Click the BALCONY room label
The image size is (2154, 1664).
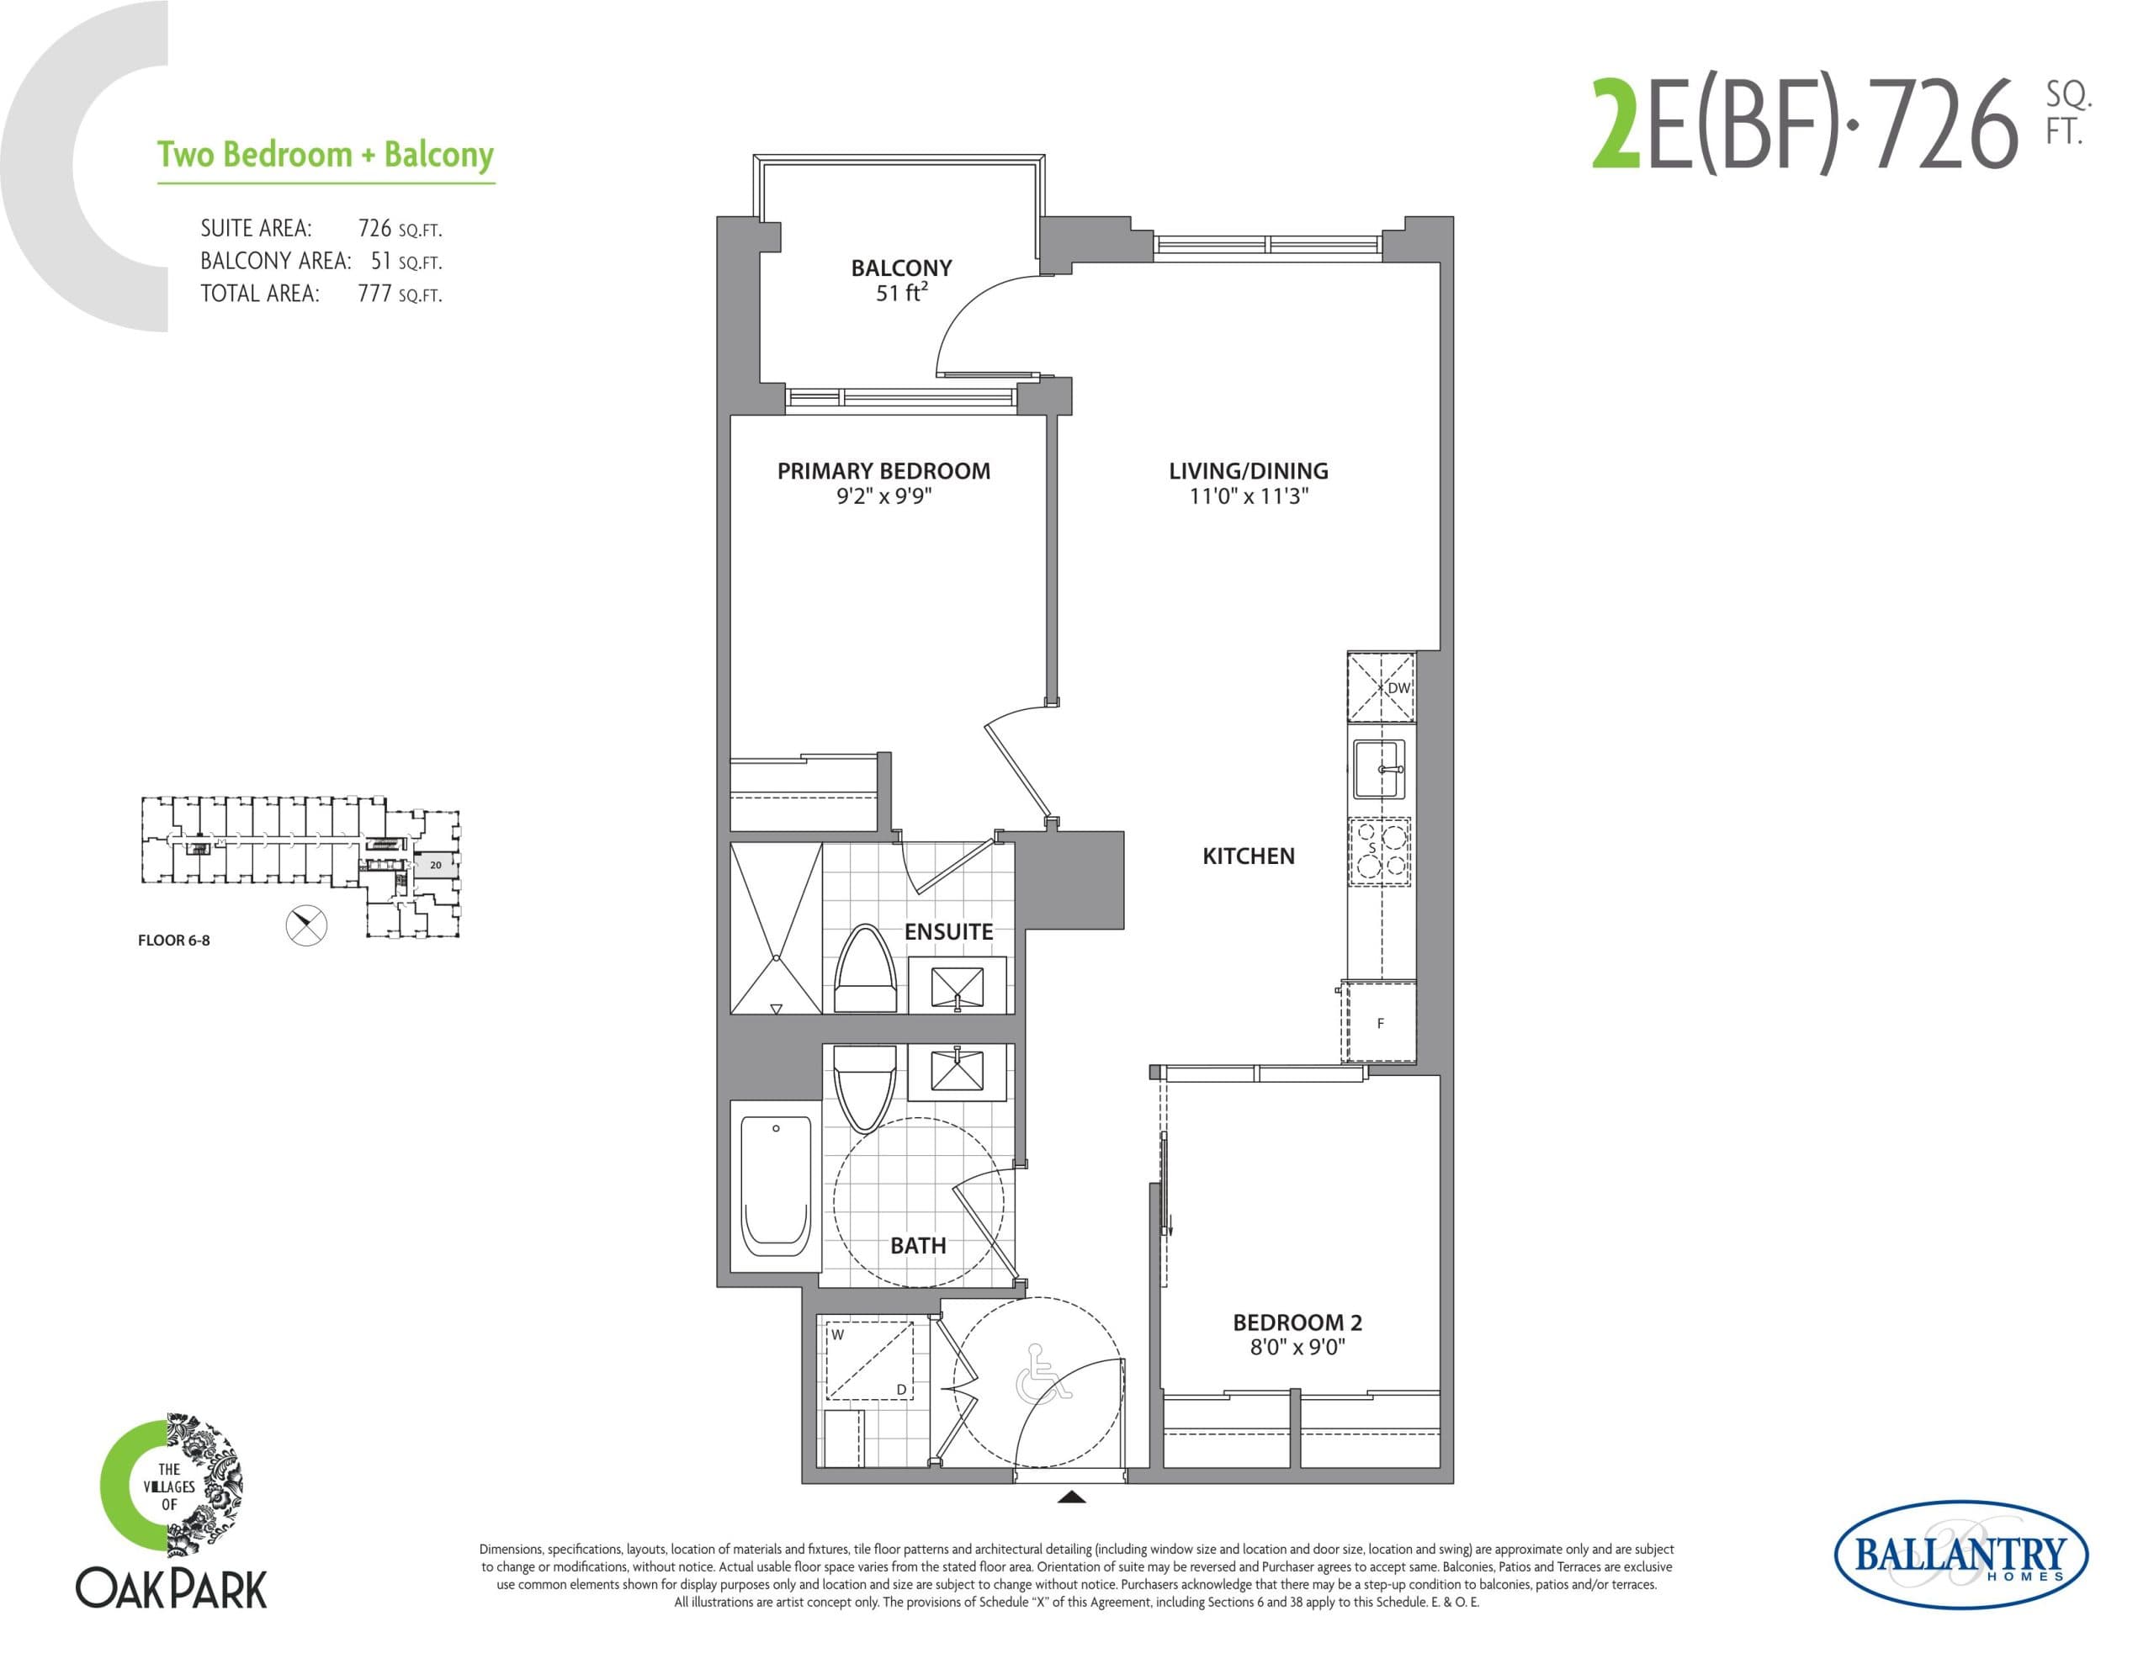click(900, 268)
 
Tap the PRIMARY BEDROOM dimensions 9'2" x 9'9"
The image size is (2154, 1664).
click(883, 496)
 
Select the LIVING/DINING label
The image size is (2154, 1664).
click(1248, 470)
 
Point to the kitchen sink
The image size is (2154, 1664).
click(1378, 768)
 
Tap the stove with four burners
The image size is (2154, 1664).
click(1379, 851)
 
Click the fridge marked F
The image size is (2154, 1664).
click(1380, 1023)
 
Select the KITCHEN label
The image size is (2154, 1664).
click(1248, 856)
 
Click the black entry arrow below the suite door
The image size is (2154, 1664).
click(1071, 1497)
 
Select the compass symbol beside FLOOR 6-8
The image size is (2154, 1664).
click(305, 925)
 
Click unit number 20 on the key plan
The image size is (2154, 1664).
click(435, 865)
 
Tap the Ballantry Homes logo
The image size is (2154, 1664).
click(1960, 1555)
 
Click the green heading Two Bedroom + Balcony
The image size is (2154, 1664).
click(326, 155)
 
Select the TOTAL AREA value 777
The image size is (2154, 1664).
click(374, 293)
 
